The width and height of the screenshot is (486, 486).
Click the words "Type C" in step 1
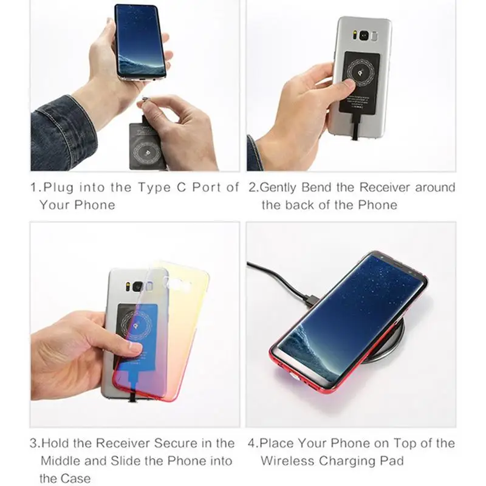pyautogui.click(x=162, y=188)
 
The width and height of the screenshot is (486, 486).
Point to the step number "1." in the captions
pyautogui.click(x=36, y=188)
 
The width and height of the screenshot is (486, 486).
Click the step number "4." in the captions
pyautogui.click(x=253, y=444)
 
